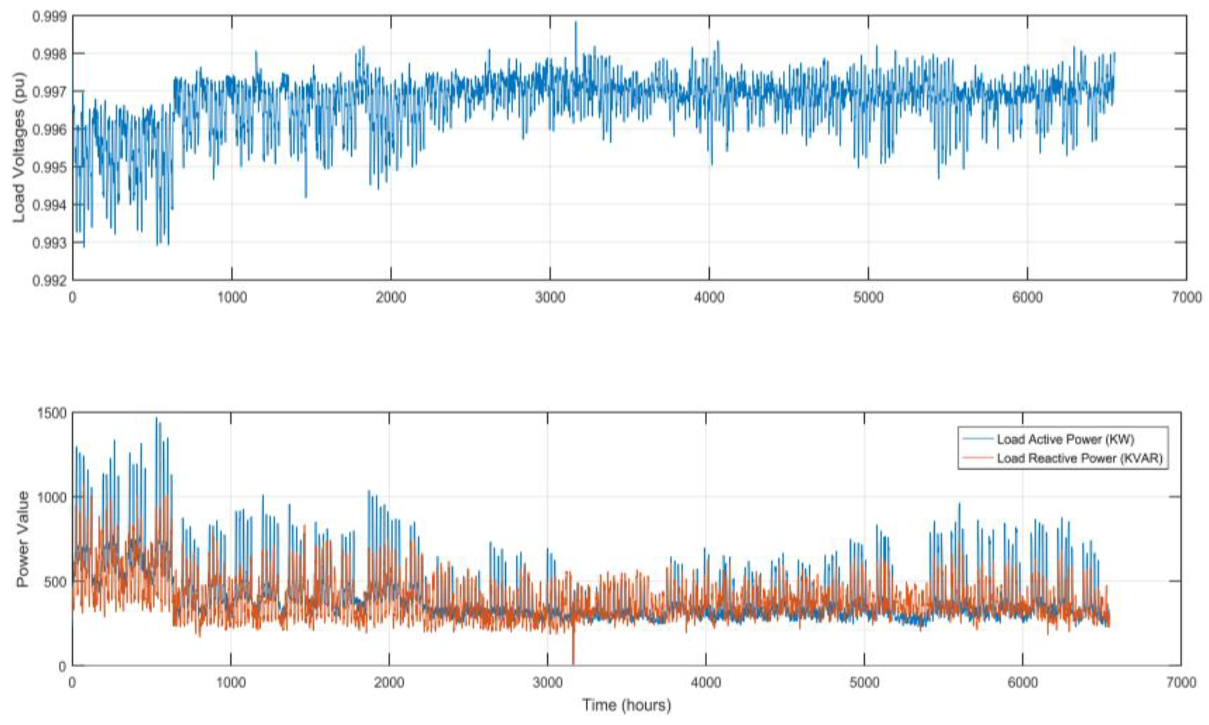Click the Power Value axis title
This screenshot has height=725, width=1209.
pyautogui.click(x=22, y=539)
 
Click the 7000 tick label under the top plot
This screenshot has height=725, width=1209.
pyautogui.click(x=1186, y=298)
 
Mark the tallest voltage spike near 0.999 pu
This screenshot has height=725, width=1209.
pyautogui.click(x=575, y=23)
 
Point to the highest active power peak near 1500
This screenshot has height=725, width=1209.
pyautogui.click(x=157, y=419)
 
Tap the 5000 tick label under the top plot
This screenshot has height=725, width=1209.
pyautogui.click(x=868, y=298)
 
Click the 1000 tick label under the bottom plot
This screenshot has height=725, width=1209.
pyautogui.click(x=231, y=683)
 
